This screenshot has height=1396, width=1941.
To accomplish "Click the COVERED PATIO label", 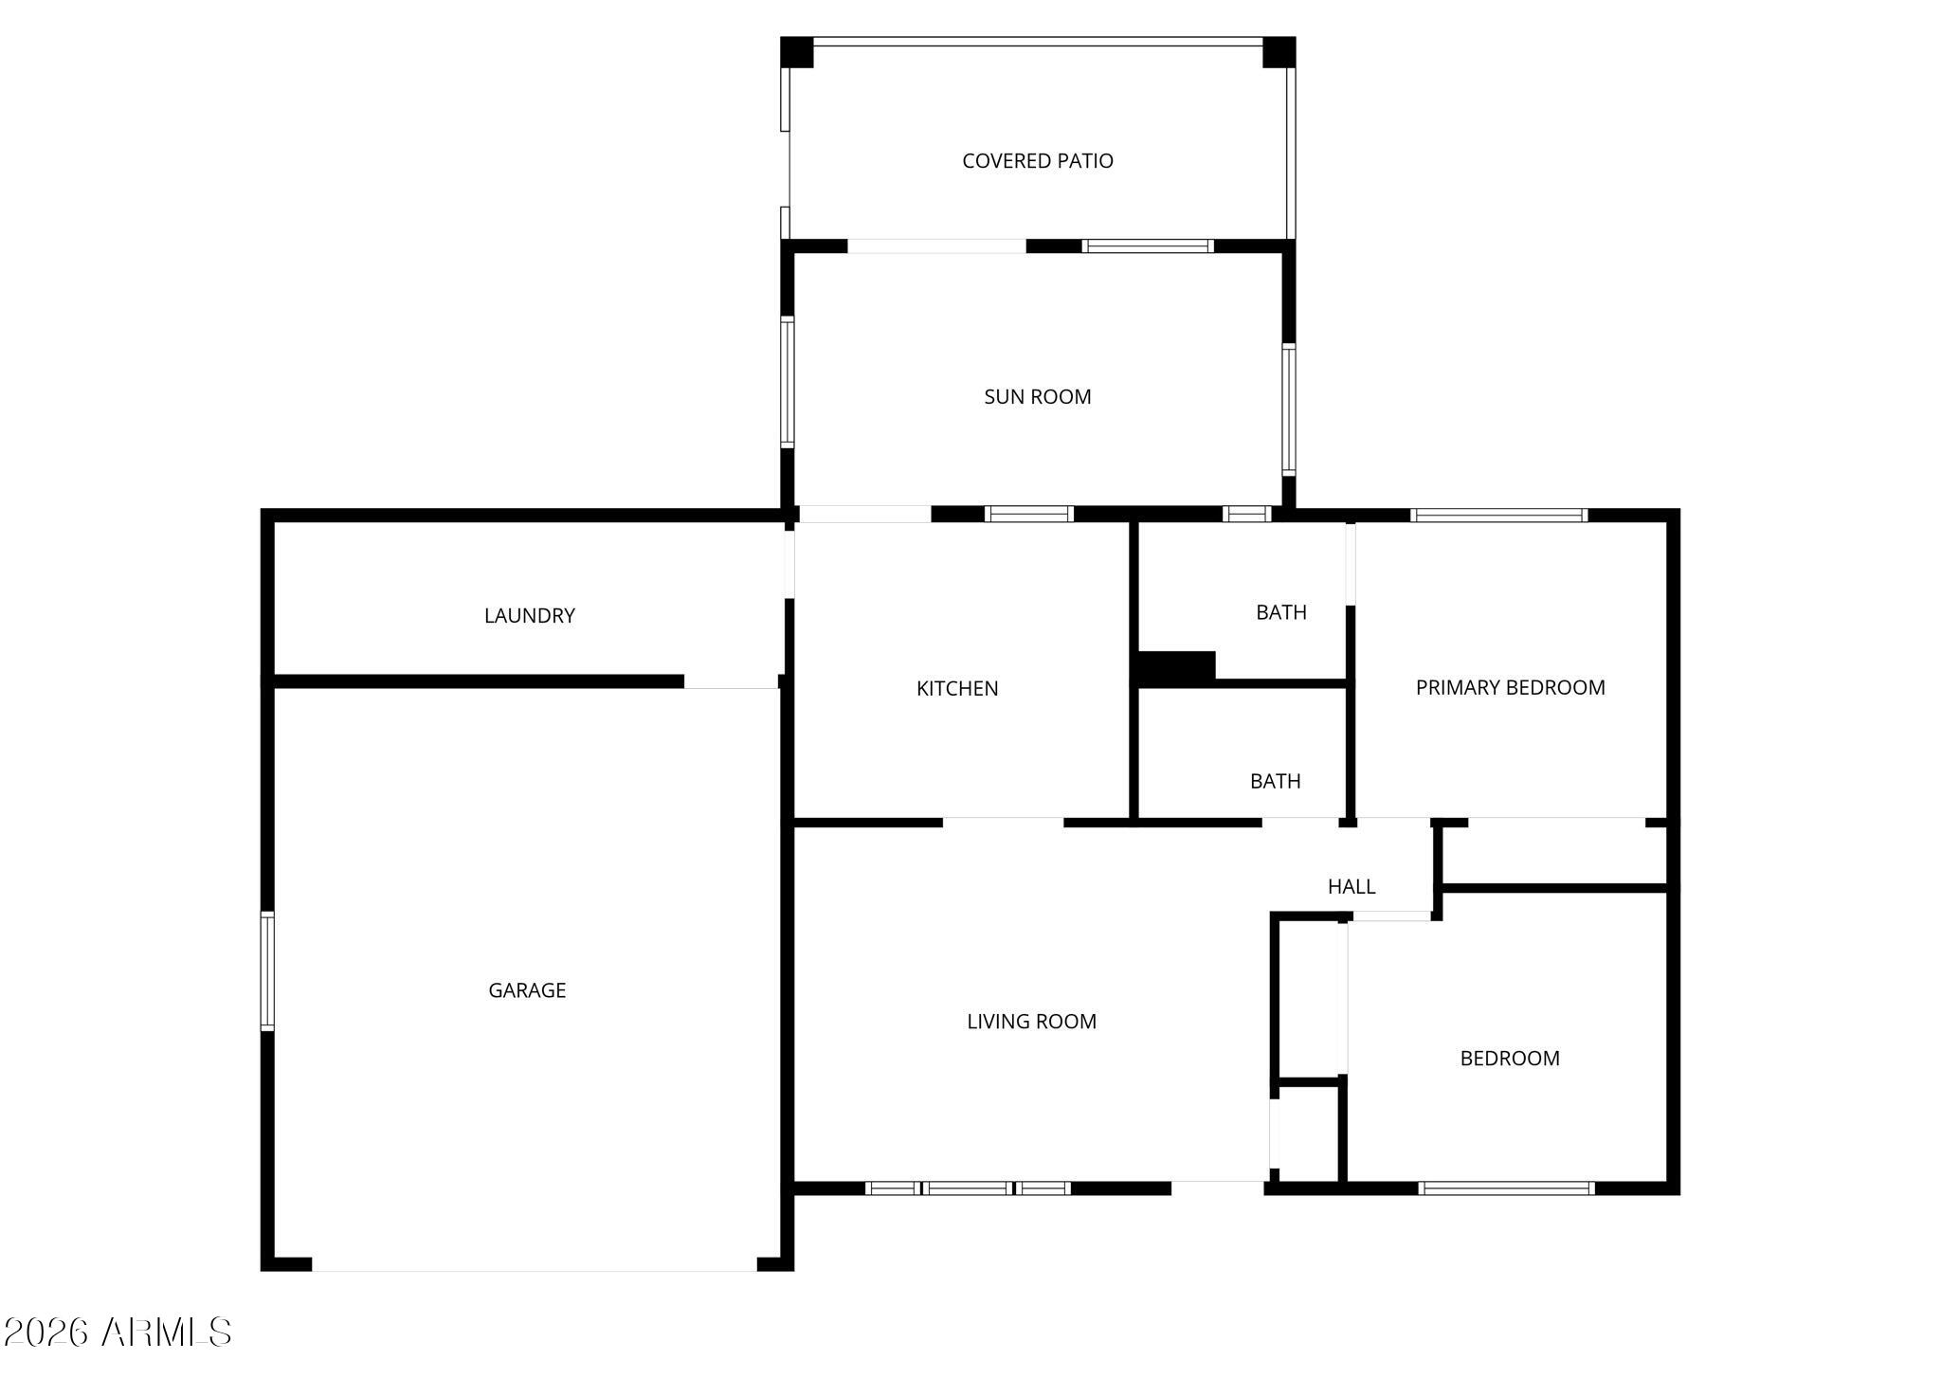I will (x=1037, y=161).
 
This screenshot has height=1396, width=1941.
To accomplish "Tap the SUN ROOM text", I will (x=1037, y=397).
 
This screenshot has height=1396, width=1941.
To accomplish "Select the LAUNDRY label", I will (x=529, y=616).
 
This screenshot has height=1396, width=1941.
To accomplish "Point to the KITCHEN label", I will (x=956, y=689).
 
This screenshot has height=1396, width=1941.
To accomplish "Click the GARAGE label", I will (x=527, y=990).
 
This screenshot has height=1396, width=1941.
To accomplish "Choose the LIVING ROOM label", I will (x=1031, y=1022).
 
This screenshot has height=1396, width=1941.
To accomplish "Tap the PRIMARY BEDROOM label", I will (x=1510, y=688).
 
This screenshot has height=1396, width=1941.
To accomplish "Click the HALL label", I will (x=1351, y=887).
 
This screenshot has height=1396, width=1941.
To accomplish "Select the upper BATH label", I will (x=1280, y=613).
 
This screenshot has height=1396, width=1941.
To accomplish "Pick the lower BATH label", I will (x=1275, y=782).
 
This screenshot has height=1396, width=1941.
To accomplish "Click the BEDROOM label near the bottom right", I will (x=1509, y=1059).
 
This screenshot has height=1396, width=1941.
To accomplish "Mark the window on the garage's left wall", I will (x=267, y=970).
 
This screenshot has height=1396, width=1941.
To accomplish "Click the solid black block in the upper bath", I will (x=1175, y=667).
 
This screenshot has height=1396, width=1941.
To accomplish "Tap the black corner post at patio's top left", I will (x=797, y=52).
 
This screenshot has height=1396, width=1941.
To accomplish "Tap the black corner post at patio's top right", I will (x=1279, y=52).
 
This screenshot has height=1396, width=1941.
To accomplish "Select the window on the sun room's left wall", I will (x=788, y=382).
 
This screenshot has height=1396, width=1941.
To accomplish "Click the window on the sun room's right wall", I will (x=1288, y=408).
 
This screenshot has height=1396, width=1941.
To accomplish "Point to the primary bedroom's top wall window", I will (x=1498, y=516).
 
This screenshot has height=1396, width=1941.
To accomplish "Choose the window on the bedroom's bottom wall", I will (x=1506, y=1188).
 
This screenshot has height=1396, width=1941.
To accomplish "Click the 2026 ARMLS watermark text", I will (x=118, y=1333).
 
